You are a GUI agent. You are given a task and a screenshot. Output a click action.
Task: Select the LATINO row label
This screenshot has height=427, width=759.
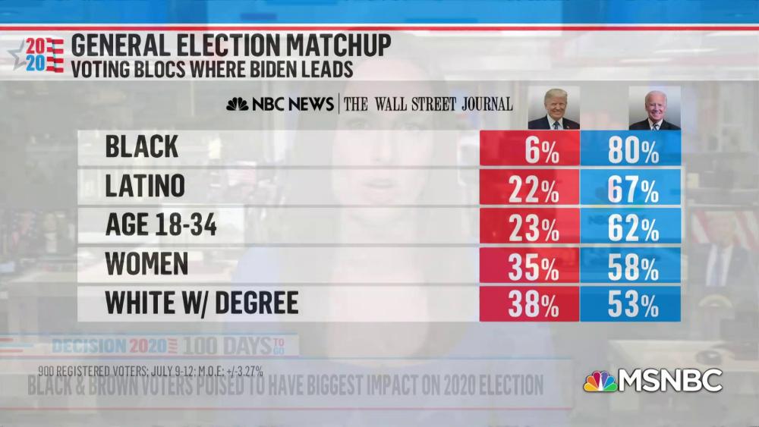pyautogui.click(x=146, y=187)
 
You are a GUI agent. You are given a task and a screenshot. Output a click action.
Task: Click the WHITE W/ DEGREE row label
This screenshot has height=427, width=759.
pyautogui.click(x=201, y=303)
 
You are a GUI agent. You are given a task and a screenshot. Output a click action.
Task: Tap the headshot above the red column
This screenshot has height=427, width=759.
pyautogui.click(x=553, y=108)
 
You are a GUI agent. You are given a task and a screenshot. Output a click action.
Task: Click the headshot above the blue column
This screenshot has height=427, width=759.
pyautogui.click(x=654, y=108)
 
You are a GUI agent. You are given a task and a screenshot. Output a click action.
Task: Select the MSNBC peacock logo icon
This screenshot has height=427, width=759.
pyautogui.click(x=600, y=381)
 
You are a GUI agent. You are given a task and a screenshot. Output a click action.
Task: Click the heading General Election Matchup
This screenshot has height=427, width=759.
pyautogui.click(x=231, y=46)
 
